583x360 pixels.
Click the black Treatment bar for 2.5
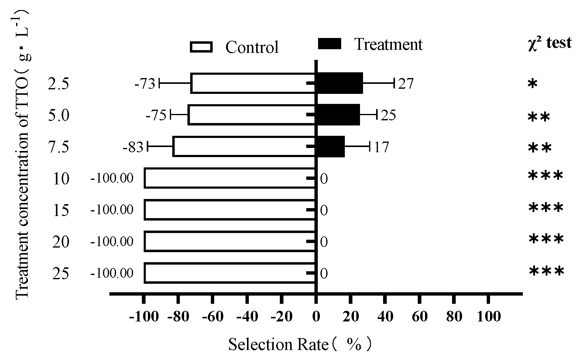pos(339,83)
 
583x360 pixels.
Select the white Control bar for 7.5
pos(244,147)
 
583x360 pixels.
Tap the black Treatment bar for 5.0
pos(337,115)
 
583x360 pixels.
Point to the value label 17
pos(381,147)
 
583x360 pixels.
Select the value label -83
pos(133,148)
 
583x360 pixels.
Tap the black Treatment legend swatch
pos(330,44)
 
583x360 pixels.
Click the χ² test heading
pos(550,43)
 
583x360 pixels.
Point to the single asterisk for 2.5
pos(533,84)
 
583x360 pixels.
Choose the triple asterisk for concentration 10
pos(546,176)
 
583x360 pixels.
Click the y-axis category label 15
pos(61,210)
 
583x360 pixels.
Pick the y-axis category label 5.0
pos(59,115)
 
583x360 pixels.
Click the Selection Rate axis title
pos(300,345)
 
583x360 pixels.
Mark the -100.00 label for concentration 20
pos(112,242)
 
